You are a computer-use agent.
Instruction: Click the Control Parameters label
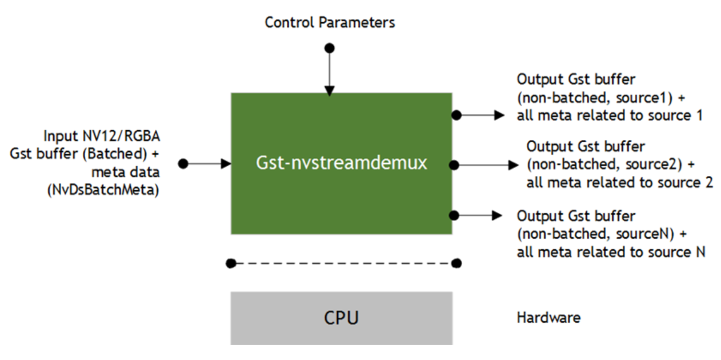330,23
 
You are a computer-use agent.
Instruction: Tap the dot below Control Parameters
330,48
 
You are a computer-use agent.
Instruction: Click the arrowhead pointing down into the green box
330,90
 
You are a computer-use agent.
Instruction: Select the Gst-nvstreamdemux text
341,163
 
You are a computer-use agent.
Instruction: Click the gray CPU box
341,318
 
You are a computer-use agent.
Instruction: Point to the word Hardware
548,318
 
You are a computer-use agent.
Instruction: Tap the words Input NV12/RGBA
101,137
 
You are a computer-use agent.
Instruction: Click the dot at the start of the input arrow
183,163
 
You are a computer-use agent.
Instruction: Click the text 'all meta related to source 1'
610,115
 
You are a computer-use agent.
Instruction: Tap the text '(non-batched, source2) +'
610,165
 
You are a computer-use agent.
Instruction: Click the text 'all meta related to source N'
611,252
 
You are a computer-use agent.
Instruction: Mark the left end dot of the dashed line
230,263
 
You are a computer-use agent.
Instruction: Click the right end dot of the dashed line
456,263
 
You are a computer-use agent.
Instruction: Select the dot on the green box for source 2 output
455,165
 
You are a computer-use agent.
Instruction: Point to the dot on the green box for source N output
455,215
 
